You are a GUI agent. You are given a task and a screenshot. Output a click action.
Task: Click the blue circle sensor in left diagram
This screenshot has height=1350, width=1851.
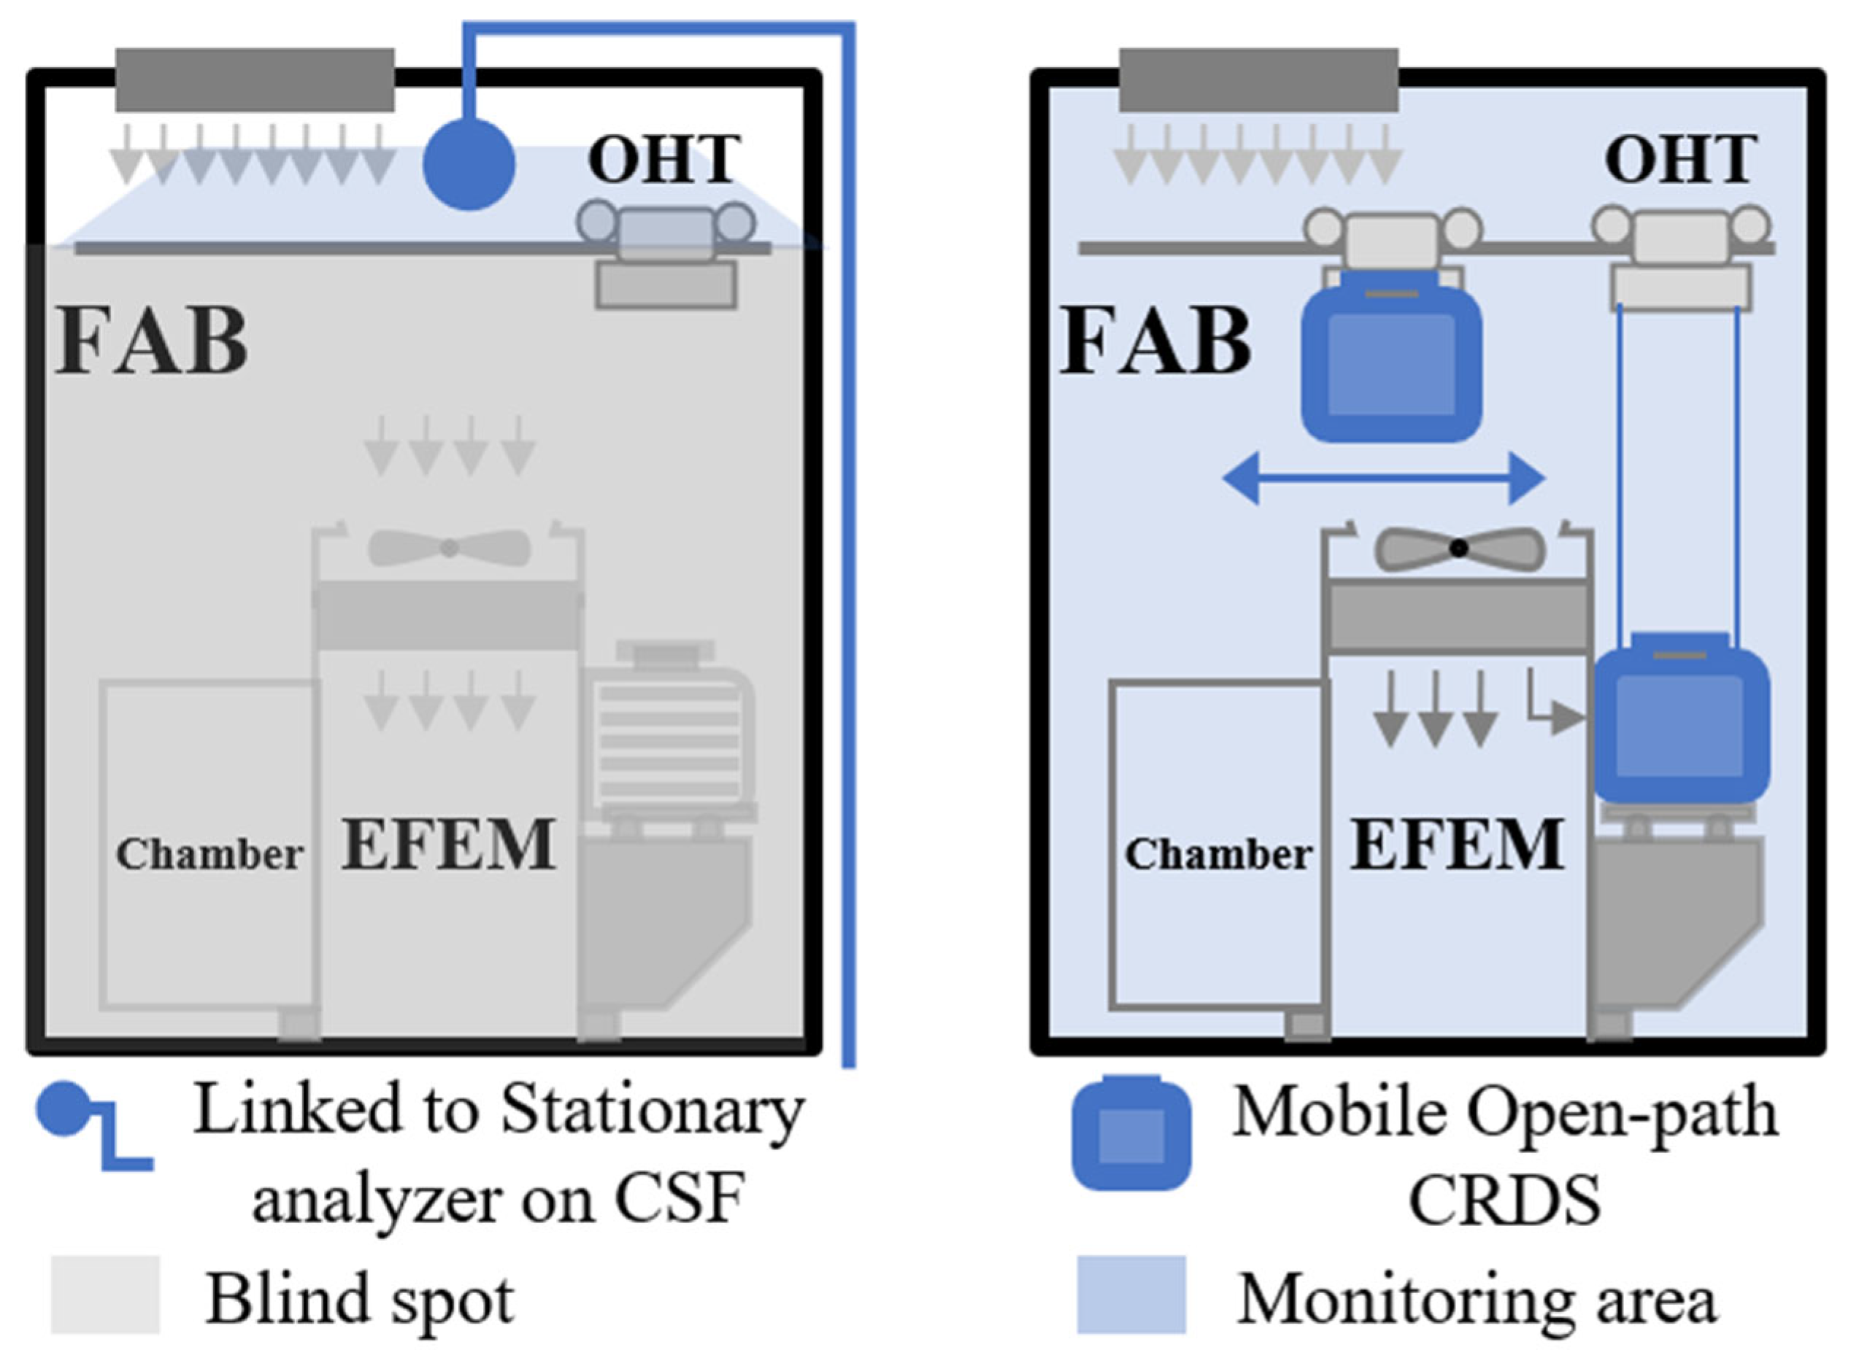coord(469,164)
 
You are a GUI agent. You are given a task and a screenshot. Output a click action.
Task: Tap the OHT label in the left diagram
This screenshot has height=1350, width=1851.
coord(664,159)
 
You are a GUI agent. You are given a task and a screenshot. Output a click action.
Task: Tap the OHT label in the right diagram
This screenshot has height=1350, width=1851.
coord(1680,159)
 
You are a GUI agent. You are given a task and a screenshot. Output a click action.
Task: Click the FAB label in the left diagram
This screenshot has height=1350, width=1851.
coord(152,340)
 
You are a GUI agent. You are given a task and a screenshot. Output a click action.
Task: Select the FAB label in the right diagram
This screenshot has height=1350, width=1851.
coord(1156,340)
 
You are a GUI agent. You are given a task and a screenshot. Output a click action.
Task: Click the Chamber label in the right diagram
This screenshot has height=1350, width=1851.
coord(1218,855)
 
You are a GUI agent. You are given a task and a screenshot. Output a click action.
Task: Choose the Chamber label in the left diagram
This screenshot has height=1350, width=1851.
coord(209,855)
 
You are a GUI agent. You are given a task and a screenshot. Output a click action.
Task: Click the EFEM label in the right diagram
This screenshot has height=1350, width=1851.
coord(1457,845)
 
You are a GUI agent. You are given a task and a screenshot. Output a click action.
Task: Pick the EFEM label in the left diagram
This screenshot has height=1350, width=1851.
coord(448,845)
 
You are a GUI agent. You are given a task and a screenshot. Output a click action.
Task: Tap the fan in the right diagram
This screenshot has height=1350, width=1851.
coord(1458,548)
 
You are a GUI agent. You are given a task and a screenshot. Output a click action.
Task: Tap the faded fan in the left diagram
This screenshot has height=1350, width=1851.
coord(449,548)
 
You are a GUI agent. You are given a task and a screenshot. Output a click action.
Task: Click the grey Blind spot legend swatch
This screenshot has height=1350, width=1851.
coord(104,1295)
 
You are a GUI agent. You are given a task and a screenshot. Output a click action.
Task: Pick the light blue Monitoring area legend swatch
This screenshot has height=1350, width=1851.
coord(1131,1295)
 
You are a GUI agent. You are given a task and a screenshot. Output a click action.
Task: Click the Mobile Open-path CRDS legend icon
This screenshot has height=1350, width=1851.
coord(1131,1133)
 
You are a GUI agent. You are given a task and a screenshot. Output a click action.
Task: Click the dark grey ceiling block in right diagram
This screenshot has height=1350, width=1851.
coord(1258,80)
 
